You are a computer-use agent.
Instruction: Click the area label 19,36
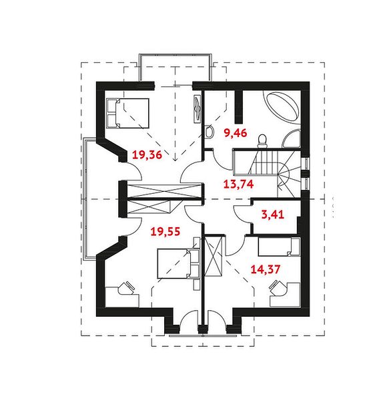[147, 155]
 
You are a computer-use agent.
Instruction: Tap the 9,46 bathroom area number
[236, 133]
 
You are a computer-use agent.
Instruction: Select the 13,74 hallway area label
[238, 184]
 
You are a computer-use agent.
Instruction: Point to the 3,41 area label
[273, 215]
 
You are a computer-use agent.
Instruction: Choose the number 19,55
[165, 231]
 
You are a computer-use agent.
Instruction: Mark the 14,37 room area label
[266, 269]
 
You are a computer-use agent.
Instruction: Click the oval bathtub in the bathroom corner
[282, 107]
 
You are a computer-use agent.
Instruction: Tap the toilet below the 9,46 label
[262, 141]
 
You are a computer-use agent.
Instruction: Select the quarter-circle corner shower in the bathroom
[292, 140]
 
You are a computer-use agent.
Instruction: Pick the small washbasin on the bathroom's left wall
[210, 132]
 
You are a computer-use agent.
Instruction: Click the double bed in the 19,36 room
[127, 113]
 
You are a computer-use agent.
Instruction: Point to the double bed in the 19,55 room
[178, 263]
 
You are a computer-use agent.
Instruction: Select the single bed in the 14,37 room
[279, 247]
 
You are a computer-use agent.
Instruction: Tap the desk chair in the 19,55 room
[126, 287]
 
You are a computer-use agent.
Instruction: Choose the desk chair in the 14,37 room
[278, 287]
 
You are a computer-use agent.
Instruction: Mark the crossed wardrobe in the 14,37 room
[214, 256]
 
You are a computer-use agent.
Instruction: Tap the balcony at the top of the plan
[175, 68]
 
